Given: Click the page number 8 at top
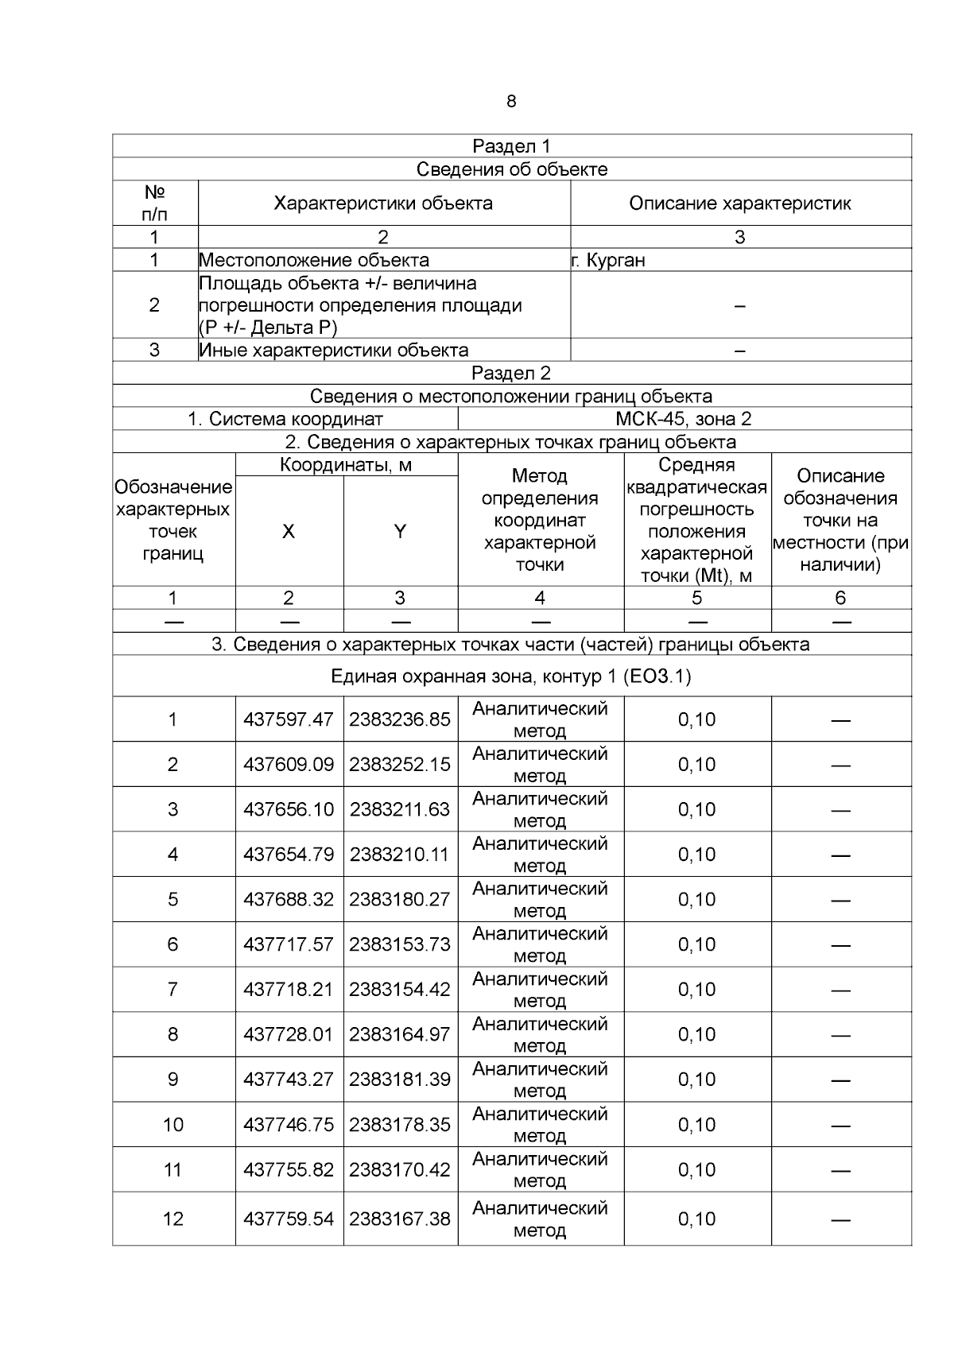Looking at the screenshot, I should click(x=510, y=102).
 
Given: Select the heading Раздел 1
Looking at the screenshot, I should click(x=511, y=146).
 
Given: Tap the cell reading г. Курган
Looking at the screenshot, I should click(x=609, y=260).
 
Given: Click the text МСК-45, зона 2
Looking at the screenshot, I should click(x=684, y=419).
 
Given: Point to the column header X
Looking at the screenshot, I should click(x=289, y=532).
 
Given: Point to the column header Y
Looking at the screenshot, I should click(x=400, y=532).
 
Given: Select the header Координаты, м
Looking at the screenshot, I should click(x=346, y=465).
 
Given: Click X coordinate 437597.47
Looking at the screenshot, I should click(x=289, y=719).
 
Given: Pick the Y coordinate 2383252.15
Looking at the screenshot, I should click(x=400, y=765).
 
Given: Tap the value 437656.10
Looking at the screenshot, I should click(x=289, y=809).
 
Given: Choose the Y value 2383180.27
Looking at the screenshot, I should click(x=400, y=899).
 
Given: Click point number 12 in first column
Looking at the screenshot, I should click(x=173, y=1219).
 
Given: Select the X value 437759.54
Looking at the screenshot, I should click(x=289, y=1219).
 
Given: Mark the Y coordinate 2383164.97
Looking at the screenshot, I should click(x=400, y=1034).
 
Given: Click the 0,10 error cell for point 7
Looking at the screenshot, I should click(x=696, y=990).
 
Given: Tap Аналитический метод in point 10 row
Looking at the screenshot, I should click(x=540, y=1124).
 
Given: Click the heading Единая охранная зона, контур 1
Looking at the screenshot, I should click(x=511, y=676).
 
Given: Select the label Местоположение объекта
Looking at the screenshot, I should click(x=314, y=260).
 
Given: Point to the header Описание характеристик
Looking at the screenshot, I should click(x=739, y=204).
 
